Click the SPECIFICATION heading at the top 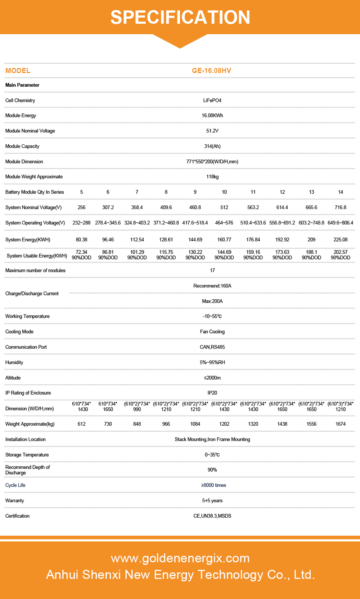click(180, 17)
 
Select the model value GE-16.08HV click(212, 71)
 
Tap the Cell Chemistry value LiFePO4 click(212, 100)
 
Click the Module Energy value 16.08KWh click(212, 115)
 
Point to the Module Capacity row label click(22, 146)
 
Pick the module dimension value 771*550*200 click(212, 162)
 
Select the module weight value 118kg click(212, 177)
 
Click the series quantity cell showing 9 click(195, 192)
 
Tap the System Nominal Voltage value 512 click(224, 207)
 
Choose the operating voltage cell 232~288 click(81, 223)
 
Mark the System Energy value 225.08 click(341, 240)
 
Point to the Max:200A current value click(212, 301)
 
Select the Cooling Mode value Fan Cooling click(212, 332)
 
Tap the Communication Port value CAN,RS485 click(212, 347)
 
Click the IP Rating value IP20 click(212, 393)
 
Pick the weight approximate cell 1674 click(341, 424)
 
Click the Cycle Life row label click(15, 485)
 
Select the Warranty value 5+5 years click(212, 500)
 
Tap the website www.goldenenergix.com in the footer click(180, 558)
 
